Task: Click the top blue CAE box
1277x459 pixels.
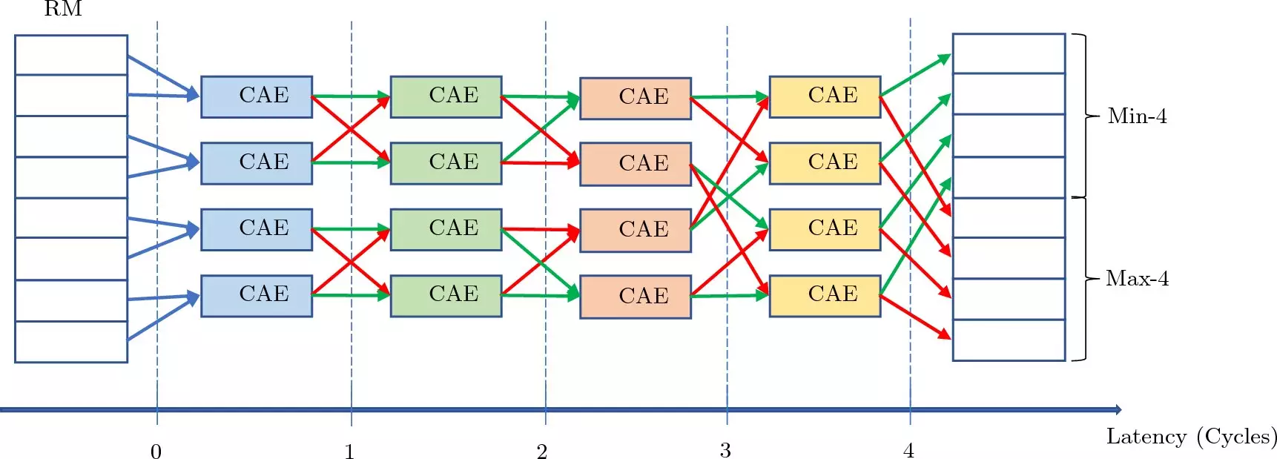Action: click(x=257, y=96)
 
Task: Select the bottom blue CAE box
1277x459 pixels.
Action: click(x=257, y=296)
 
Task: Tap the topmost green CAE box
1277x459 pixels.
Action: click(x=446, y=96)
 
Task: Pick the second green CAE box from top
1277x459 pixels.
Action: click(x=446, y=163)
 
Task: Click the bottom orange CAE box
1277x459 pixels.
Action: click(x=636, y=297)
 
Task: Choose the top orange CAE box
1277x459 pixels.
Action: click(x=636, y=98)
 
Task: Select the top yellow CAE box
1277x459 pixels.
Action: click(x=825, y=96)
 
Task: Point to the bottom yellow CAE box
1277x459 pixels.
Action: click(x=825, y=296)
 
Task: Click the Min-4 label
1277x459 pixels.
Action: click(x=1137, y=116)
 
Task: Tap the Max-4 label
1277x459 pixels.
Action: click(x=1137, y=279)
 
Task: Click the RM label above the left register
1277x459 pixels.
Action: click(x=63, y=9)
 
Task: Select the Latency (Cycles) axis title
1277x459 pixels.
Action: click(x=1191, y=437)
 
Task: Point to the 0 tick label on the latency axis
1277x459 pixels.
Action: click(x=156, y=451)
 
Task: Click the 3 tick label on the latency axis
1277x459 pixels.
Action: click(x=725, y=450)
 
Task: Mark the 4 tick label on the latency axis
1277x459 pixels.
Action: click(x=908, y=450)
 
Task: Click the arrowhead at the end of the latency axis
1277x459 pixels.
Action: click(x=1118, y=409)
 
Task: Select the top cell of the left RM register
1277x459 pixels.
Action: click(x=71, y=55)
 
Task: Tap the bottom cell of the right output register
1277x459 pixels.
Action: click(x=1009, y=340)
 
